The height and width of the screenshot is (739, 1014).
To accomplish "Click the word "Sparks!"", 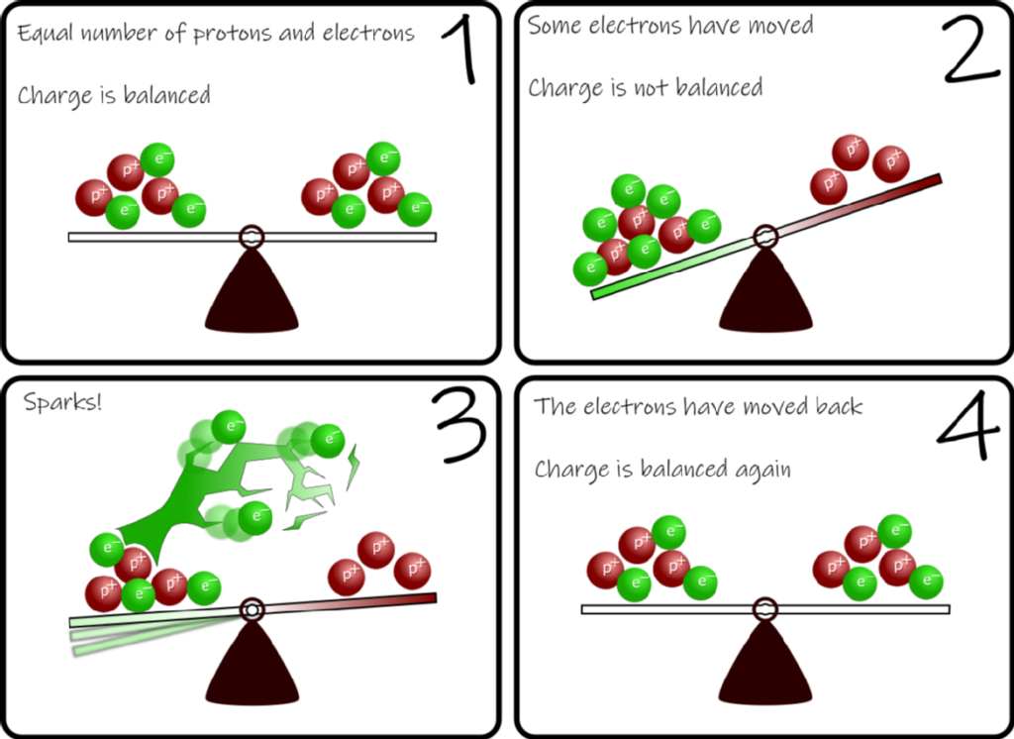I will pos(61,404).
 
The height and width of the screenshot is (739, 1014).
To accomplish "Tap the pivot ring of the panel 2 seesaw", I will pos(764,237).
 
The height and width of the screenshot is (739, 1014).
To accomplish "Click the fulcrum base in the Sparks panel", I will pos(252,666).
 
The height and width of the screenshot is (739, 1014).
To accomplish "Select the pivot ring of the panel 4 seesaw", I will pos(764,608).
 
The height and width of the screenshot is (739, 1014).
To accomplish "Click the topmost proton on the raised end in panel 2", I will pos(851,152).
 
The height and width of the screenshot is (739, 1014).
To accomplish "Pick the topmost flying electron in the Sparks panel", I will pos(229,427).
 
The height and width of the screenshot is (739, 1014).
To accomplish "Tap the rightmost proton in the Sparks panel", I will pos(412,571).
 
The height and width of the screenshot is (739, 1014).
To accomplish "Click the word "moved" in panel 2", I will pos(778,25).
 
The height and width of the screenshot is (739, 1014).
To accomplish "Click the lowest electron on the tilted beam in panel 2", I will pos(590,267).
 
